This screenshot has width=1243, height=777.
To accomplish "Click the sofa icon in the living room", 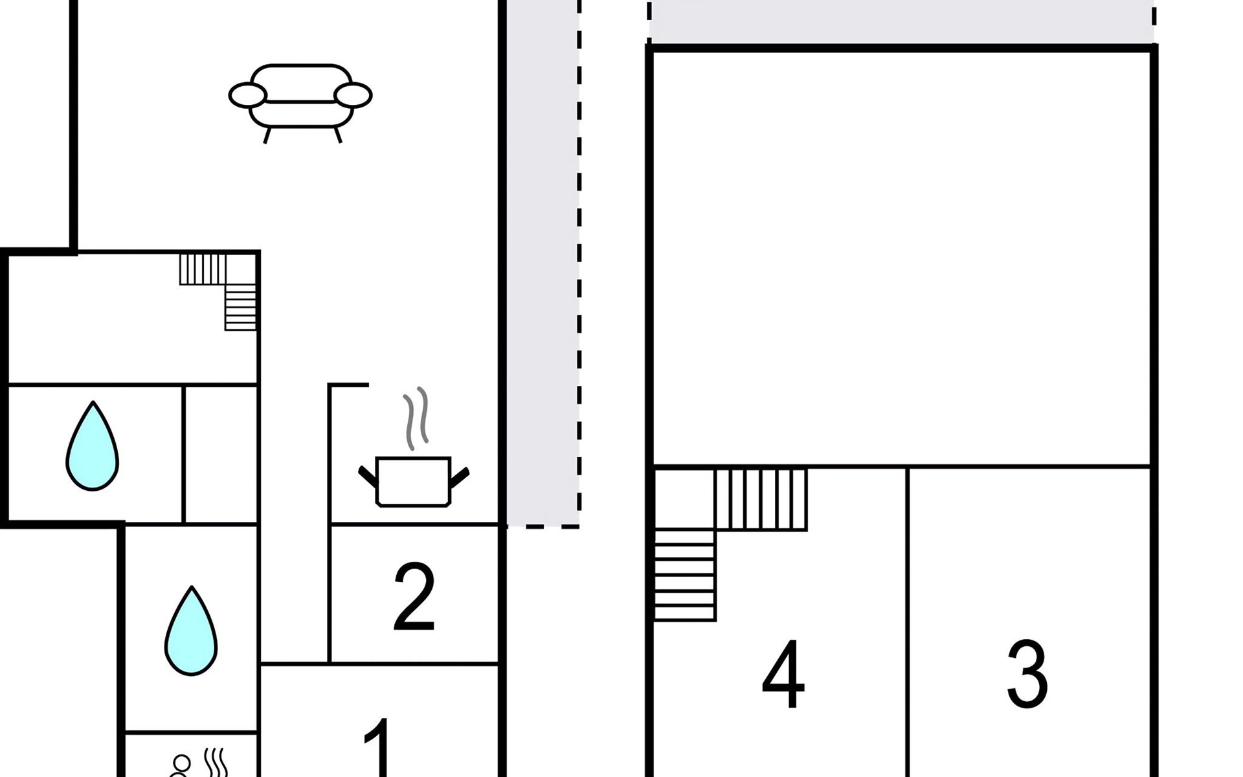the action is click(300, 102).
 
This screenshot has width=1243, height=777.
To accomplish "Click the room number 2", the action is click(414, 596).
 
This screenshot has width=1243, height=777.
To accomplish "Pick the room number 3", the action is click(1027, 674).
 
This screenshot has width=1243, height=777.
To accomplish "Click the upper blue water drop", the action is click(93, 445).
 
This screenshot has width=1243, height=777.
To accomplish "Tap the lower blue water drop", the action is click(191, 631).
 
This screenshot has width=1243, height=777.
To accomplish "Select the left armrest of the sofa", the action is click(247, 95).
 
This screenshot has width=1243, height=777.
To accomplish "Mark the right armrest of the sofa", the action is click(353, 95).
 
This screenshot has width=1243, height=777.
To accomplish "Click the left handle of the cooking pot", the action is click(368, 476).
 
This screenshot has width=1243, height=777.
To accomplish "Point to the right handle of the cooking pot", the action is click(460, 477).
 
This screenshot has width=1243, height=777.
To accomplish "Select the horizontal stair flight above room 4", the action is click(761, 499).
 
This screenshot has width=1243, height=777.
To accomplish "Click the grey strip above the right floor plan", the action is click(901, 22).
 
